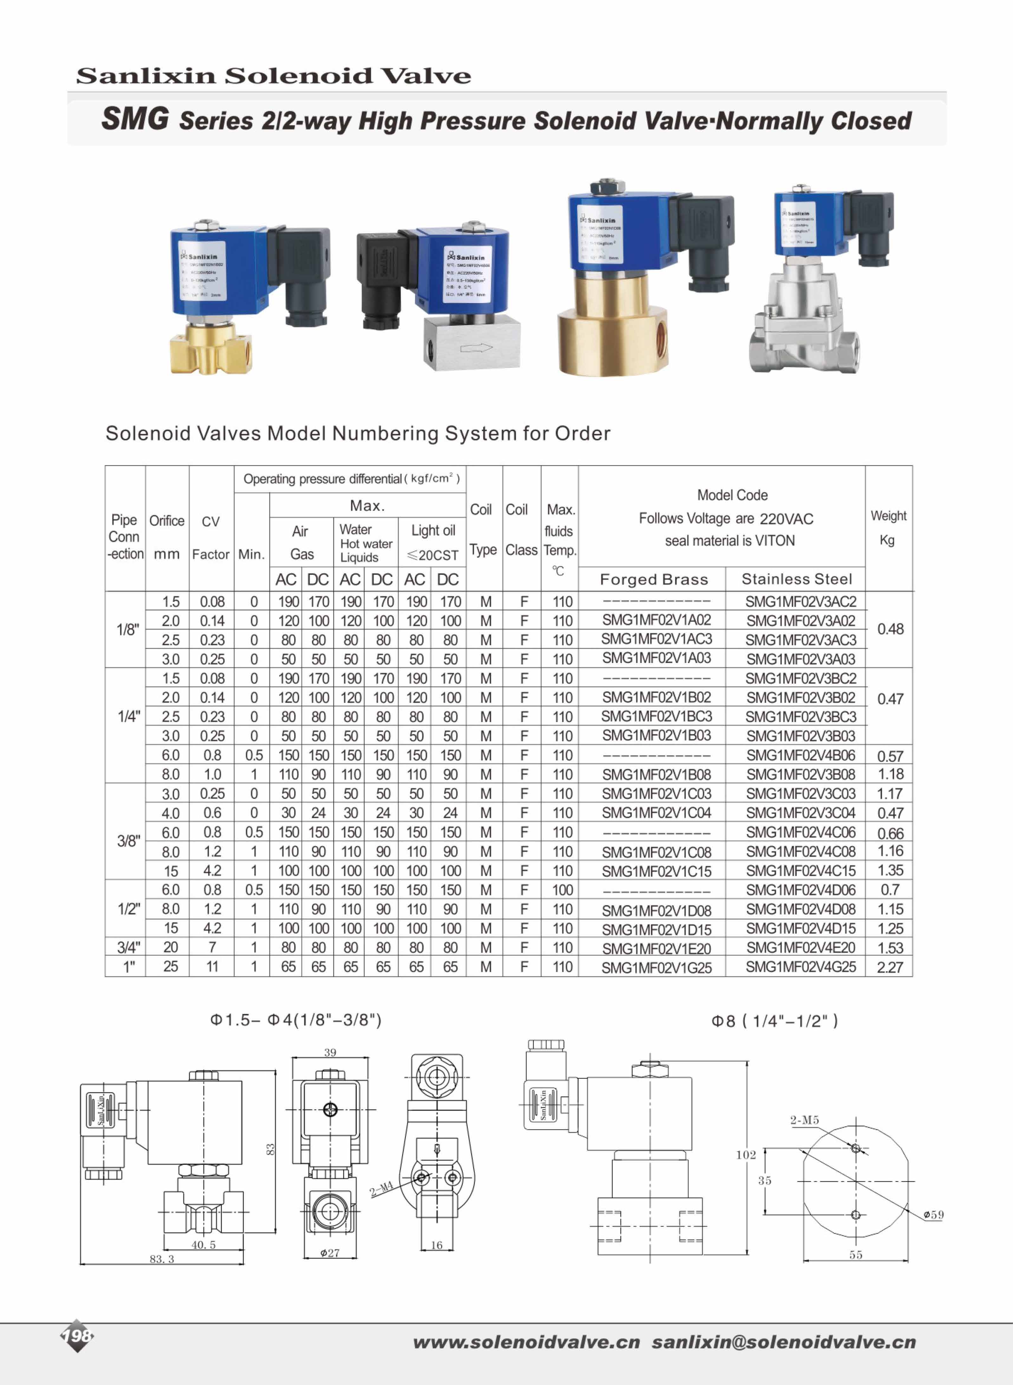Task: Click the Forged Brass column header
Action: coord(654,579)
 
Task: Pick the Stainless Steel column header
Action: coord(796,579)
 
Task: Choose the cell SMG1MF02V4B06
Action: coord(800,755)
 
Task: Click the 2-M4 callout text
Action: coord(381,1189)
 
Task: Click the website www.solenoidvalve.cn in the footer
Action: coord(526,1342)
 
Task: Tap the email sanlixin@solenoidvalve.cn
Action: coord(784,1342)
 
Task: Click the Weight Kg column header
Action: coord(888,528)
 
